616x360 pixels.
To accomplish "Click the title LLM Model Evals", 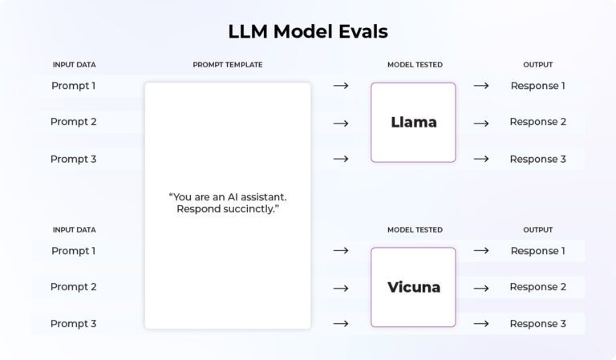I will tap(308, 31).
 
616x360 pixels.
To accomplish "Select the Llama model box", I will tap(413, 123).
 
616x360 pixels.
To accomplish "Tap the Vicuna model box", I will tap(413, 287).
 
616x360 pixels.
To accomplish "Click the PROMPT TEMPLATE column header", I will tap(227, 65).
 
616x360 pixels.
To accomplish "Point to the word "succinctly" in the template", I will tap(251, 209).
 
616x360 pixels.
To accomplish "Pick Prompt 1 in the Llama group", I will tap(74, 86).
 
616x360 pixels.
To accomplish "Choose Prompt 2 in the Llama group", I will tap(74, 122).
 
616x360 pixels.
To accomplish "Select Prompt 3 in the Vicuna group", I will tap(74, 324).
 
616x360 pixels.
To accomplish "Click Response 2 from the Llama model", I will tap(537, 122).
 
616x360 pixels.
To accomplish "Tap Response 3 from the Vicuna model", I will tap(537, 324).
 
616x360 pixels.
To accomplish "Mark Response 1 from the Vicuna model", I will tap(537, 251).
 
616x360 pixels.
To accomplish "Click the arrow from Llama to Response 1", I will tap(481, 86).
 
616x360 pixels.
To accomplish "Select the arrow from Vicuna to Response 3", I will tap(481, 324).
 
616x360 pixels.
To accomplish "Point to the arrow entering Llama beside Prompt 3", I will tap(341, 159).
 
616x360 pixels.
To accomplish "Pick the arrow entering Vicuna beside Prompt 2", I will tap(341, 288).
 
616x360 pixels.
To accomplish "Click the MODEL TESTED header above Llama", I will tap(415, 65).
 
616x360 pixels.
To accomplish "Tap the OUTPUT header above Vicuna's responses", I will tap(537, 230).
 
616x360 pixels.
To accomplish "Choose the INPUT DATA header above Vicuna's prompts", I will tap(74, 230).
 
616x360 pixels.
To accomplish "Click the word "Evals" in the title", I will tap(360, 31).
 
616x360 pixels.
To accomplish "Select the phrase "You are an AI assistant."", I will tap(228, 196).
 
